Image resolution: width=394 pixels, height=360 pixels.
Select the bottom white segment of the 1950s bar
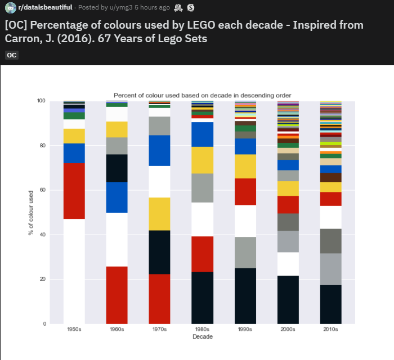(x=74, y=271)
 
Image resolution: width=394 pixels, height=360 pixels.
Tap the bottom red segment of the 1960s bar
(x=117, y=295)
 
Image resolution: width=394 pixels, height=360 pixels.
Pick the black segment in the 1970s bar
(x=160, y=252)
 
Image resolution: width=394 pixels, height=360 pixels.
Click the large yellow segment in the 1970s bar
(x=160, y=214)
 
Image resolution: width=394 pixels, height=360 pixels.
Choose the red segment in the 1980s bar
(x=203, y=254)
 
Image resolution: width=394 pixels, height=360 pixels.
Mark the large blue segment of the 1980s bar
(x=203, y=134)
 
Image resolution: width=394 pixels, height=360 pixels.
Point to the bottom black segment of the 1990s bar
(x=245, y=295)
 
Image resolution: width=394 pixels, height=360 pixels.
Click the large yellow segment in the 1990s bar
(x=245, y=166)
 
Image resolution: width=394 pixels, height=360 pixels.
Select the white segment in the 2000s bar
(x=288, y=263)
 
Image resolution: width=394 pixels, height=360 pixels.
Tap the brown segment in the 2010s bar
(x=331, y=177)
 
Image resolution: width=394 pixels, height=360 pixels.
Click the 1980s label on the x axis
(x=203, y=330)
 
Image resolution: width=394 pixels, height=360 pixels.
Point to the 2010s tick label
(x=331, y=330)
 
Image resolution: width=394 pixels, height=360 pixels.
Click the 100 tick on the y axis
(x=41, y=101)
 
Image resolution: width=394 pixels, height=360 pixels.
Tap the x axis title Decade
(x=203, y=337)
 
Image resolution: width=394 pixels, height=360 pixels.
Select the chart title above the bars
(x=203, y=95)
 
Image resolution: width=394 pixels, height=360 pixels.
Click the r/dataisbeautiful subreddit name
(x=44, y=7)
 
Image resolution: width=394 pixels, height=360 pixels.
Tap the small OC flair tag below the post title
(x=12, y=55)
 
